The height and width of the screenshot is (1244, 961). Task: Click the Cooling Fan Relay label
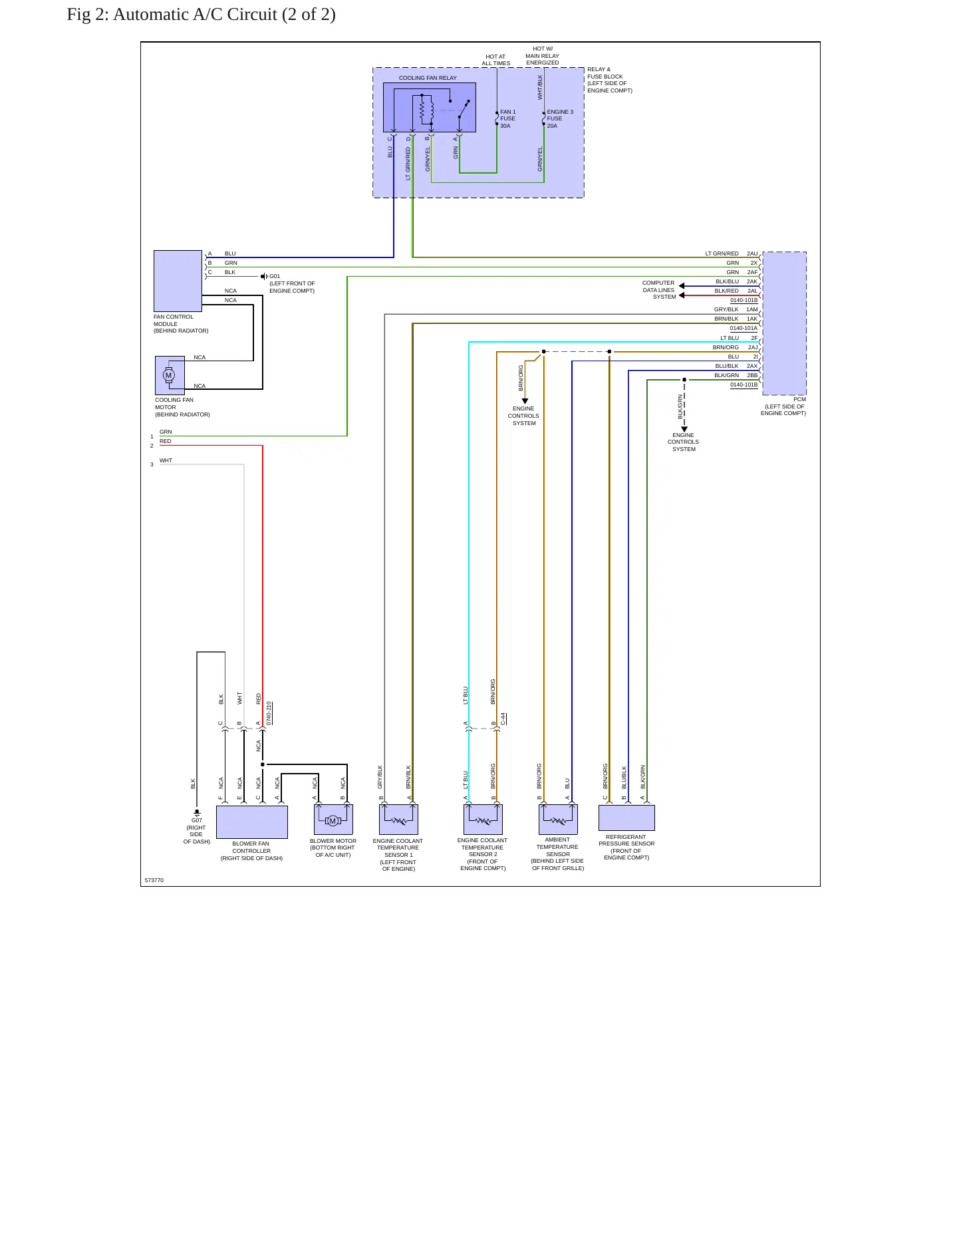coord(428,78)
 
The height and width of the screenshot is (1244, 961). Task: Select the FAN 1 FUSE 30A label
coord(508,119)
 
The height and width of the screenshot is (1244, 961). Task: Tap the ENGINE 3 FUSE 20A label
coord(560,119)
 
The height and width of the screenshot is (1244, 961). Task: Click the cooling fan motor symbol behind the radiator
coord(170,375)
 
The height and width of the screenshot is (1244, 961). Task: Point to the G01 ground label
coord(275,276)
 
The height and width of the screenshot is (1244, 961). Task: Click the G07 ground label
coord(197,820)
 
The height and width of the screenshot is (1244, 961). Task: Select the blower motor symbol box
coord(333,820)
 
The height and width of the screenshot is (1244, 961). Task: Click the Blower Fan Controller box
coord(252,822)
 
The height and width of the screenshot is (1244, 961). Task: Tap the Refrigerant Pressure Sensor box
coord(626,818)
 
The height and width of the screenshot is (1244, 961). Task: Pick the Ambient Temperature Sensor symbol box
coord(558,820)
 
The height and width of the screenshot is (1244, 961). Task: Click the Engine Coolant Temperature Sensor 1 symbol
coord(398,820)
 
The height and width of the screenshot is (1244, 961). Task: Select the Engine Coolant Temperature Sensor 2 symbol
coord(483,820)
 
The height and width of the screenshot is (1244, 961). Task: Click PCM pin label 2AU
coord(752,253)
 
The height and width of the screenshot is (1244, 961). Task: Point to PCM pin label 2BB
coord(752,375)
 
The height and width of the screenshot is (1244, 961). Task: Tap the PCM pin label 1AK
coord(752,319)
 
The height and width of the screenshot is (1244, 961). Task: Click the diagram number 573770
coord(154,880)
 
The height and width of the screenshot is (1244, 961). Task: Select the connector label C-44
coord(503,718)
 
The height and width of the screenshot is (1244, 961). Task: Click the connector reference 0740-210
coord(269,713)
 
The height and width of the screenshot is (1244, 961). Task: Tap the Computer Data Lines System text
coord(659,290)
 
